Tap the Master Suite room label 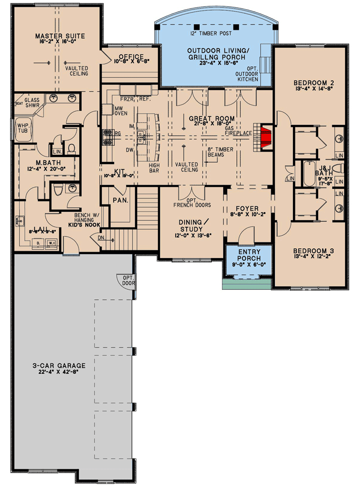coord(60,36)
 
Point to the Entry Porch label coord(249,255)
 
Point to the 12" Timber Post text coord(211,34)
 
